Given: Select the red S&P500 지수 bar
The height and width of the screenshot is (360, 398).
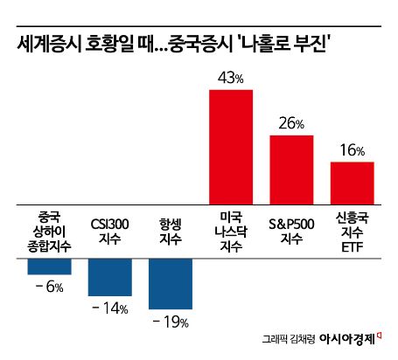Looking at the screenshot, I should pos(291,170).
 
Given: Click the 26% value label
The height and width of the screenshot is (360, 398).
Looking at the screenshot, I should pos(292,124).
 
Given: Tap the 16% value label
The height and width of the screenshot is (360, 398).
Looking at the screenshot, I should pos(353,150).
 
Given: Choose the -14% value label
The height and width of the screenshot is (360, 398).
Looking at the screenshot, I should pos(109,308).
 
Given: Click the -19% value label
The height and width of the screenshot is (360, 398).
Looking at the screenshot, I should pos(170,322).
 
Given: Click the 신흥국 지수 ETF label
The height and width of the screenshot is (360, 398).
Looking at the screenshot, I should pos(353,232).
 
